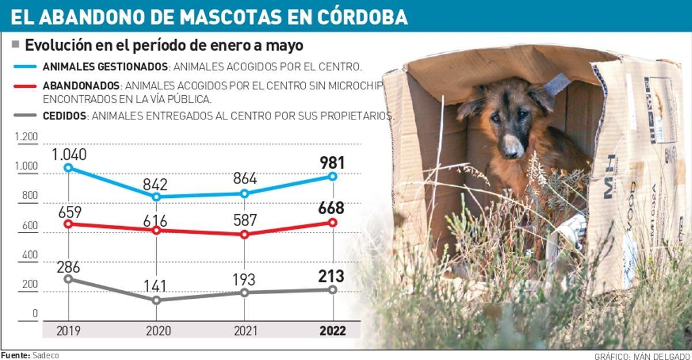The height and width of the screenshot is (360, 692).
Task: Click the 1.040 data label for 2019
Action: pos(69,155)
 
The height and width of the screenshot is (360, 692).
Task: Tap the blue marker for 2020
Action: pos(156,197)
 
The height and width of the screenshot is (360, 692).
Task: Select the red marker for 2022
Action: pos(333,222)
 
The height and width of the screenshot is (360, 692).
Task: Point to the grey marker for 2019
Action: pos(69,279)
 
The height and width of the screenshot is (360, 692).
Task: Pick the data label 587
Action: pos(245,221)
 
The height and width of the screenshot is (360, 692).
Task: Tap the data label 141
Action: pos(155,286)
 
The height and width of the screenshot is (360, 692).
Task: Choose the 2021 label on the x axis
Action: pos(245,331)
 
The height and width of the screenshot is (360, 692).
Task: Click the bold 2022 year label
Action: pos(332,331)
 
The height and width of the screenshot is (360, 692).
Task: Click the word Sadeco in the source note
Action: pos(46,355)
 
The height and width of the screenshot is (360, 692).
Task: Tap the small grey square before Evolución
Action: pos(16,44)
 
